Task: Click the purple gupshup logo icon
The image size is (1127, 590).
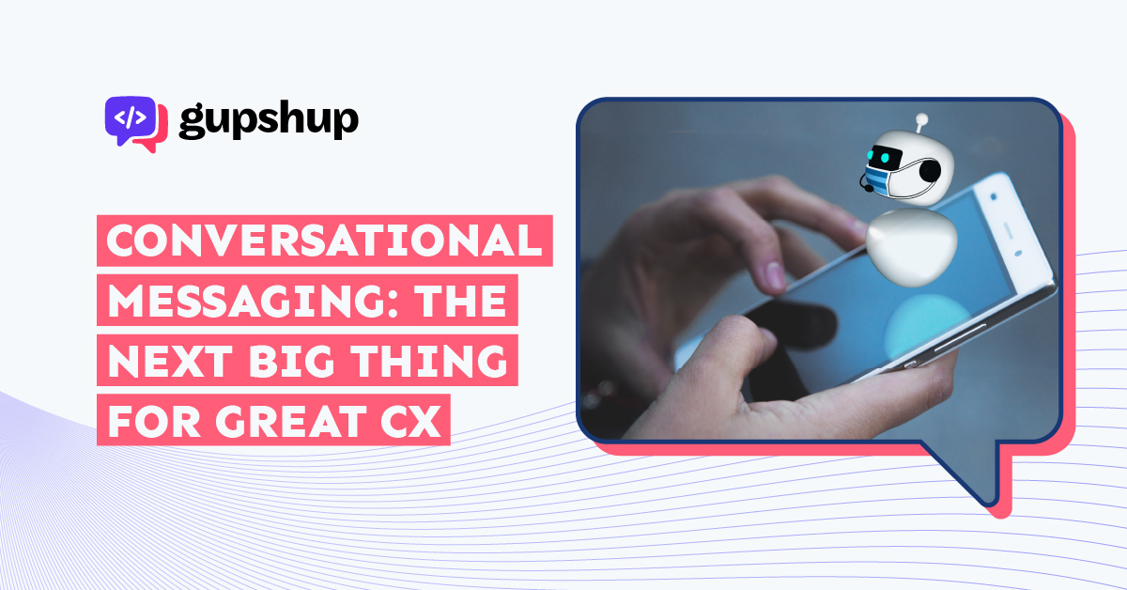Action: (x=136, y=124)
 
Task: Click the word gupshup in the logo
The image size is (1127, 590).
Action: (x=269, y=120)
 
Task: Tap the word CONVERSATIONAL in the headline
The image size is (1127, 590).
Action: (x=324, y=241)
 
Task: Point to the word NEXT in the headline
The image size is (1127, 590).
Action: (x=171, y=361)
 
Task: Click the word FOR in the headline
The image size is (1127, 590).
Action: (x=154, y=421)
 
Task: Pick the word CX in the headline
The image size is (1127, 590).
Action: (x=410, y=421)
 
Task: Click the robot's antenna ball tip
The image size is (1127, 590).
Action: (x=921, y=119)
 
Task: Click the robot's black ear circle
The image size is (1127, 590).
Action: (x=930, y=171)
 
